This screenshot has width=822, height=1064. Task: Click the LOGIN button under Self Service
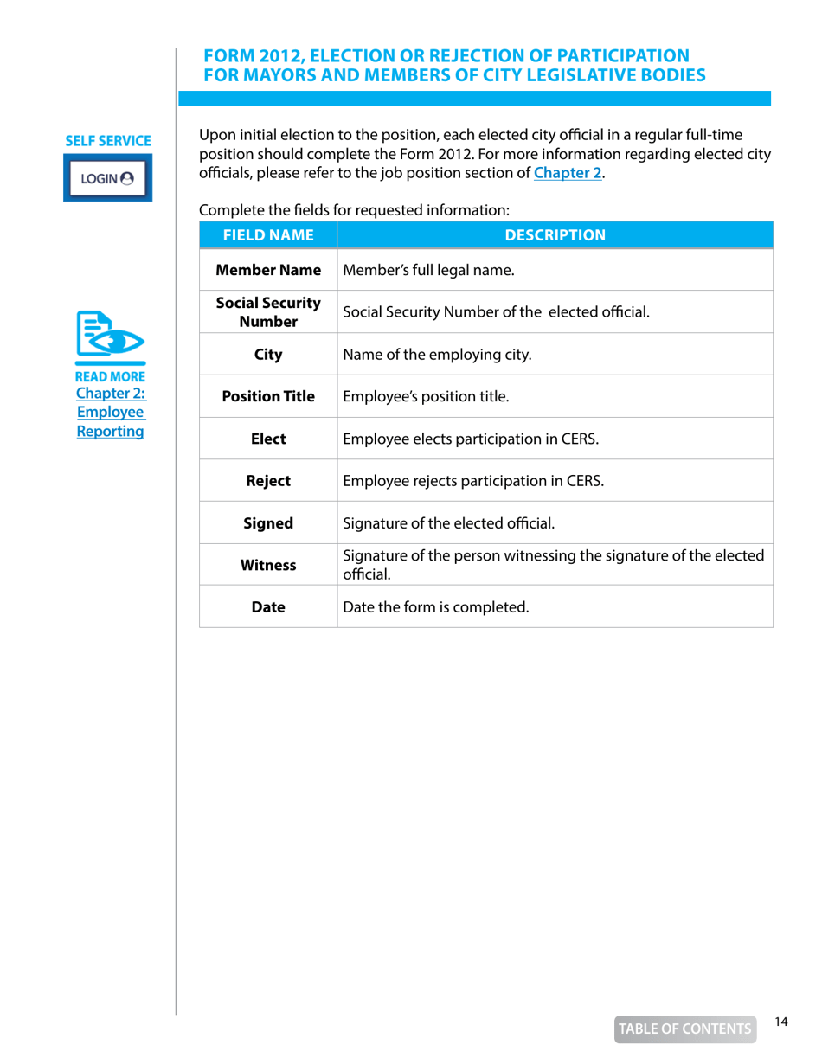coord(107,178)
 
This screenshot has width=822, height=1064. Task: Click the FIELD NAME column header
coord(267,234)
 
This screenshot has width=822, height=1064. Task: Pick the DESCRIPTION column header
coord(555,234)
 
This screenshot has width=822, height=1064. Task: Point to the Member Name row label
coord(267,271)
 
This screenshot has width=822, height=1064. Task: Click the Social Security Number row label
coord(267,312)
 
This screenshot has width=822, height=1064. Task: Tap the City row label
coord(267,355)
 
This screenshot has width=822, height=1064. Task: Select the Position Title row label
coord(267,397)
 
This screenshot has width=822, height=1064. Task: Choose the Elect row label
coord(267,439)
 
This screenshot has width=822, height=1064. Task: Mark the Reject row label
coord(267,481)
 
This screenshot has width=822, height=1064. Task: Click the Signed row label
coord(267,522)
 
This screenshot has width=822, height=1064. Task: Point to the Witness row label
coord(267,565)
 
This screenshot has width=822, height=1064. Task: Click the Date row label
coord(267,607)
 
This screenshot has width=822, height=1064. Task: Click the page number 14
coord(781,1022)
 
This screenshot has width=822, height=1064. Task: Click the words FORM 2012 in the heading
coord(252,56)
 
